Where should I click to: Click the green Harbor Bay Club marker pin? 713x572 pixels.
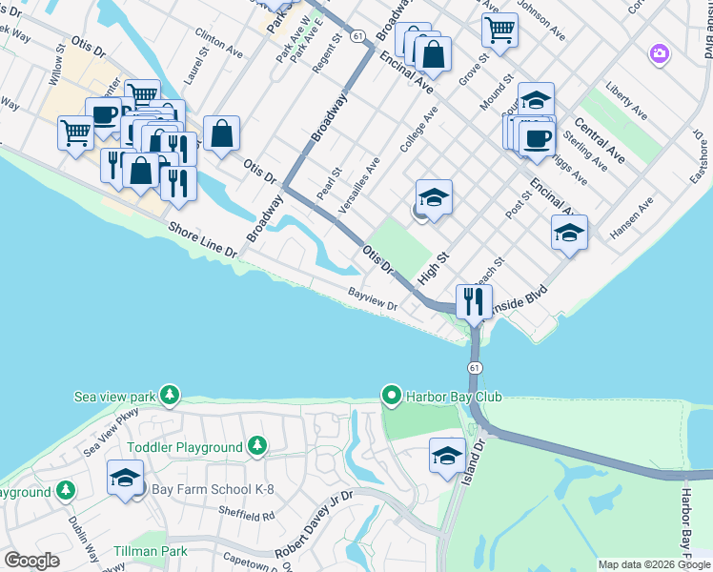pyautogui.click(x=390, y=396)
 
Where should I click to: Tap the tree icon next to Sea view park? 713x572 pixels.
pyautogui.click(x=170, y=395)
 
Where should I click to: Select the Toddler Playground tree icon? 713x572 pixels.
pyautogui.click(x=255, y=446)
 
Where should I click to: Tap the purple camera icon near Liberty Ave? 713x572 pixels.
pyautogui.click(x=659, y=54)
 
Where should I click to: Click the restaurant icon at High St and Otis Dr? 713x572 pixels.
pyautogui.click(x=473, y=302)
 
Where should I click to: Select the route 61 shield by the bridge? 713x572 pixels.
pyautogui.click(x=474, y=367)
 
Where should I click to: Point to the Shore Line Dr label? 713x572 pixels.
pyautogui.click(x=202, y=239)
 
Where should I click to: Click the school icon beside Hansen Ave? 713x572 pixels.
pyautogui.click(x=569, y=233)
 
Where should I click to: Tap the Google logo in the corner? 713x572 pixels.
pyautogui.click(x=31, y=561)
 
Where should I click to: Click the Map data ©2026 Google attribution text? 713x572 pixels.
pyautogui.click(x=654, y=564)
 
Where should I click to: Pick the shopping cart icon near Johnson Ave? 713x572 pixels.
pyautogui.click(x=499, y=31)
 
